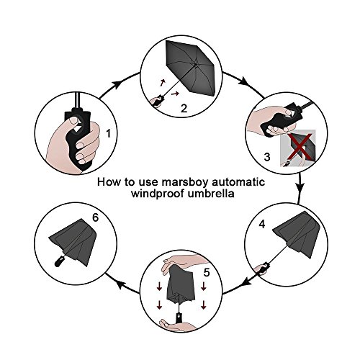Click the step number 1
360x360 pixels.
[x=109, y=133]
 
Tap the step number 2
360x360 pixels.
[x=184, y=109]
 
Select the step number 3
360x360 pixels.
[x=267, y=157]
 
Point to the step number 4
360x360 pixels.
[x=262, y=224]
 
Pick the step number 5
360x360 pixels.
[x=207, y=272]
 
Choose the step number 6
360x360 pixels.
[x=95, y=217]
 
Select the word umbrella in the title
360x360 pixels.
[x=211, y=193]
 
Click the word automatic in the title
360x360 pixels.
[x=238, y=182]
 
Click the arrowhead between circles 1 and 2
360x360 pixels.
[x=117, y=84]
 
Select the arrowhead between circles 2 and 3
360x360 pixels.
[x=245, y=81]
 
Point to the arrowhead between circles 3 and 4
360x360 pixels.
[x=300, y=186]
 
